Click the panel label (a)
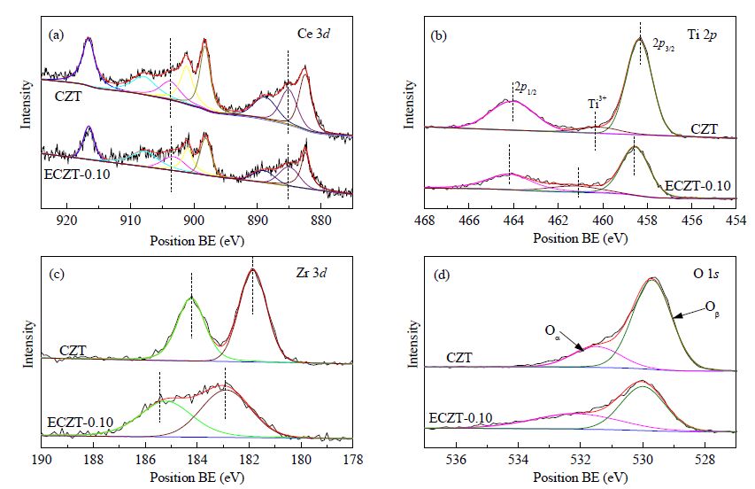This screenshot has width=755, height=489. pos(57,35)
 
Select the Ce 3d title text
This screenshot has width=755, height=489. pos(313,34)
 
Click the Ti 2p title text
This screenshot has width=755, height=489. pos(702,35)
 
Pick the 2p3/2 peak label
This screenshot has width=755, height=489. pos(663,45)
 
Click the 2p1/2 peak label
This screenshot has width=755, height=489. pos(526,89)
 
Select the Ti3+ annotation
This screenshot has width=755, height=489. pos(597,103)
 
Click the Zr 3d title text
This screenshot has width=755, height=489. pos(312,273)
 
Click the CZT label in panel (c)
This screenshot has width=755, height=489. pos(73,350)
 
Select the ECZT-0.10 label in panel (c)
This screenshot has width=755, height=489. pos(80,423)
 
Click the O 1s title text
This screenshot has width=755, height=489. pos(706,273)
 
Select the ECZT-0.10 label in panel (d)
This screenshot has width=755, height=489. pos(460,418)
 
